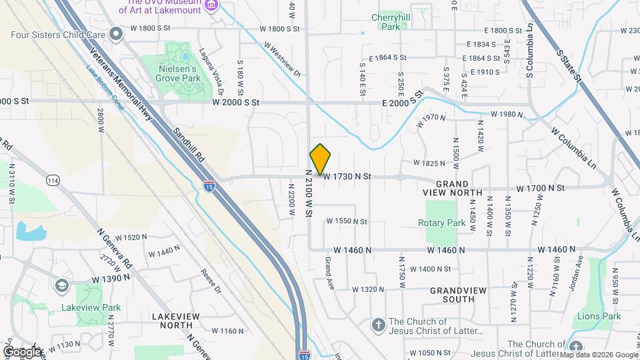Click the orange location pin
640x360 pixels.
click(x=321, y=159)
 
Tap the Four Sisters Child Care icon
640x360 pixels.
click(x=117, y=33)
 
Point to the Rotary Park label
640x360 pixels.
click(x=441, y=223)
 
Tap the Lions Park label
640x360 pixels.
click(x=599, y=316)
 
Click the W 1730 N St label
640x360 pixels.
click(x=346, y=176)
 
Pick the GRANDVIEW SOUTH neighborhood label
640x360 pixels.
click(x=452, y=295)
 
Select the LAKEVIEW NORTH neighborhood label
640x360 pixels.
click(x=175, y=320)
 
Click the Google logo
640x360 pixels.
click(x=22, y=351)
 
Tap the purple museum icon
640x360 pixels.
click(x=212, y=6)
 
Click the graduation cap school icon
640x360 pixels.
click(x=62, y=285)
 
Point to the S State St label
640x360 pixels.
click(x=568, y=63)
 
